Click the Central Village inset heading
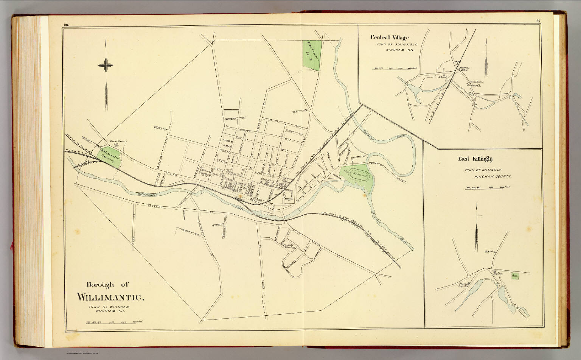pyautogui.click(x=389, y=37)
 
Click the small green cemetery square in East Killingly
pyautogui.click(x=514, y=276)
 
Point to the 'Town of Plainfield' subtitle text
pyautogui.click(x=397, y=45)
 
